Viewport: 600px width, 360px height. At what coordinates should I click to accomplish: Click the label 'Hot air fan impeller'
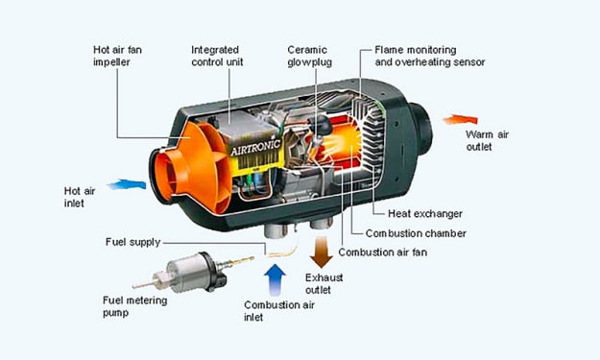pyautogui.click(x=117, y=56)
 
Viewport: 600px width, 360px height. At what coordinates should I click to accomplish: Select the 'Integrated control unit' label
pyautogui.click(x=217, y=56)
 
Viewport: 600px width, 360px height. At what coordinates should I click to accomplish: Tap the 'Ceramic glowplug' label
pyautogui.click(x=309, y=56)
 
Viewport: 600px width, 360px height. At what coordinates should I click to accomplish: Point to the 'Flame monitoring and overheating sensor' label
pyautogui.click(x=430, y=56)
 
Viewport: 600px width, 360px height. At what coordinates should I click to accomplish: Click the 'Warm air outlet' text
pyautogui.click(x=487, y=140)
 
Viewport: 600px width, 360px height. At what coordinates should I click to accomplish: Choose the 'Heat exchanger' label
pyautogui.click(x=425, y=213)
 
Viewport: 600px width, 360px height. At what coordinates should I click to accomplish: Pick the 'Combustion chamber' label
pyautogui.click(x=416, y=233)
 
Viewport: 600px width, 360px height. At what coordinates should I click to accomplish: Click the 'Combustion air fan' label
pyautogui.click(x=383, y=252)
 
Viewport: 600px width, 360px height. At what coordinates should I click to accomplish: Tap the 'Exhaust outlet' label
pyautogui.click(x=324, y=283)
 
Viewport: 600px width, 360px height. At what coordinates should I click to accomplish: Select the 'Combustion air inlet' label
pyautogui.click(x=279, y=311)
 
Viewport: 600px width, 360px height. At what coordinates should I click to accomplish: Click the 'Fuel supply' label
pyautogui.click(x=132, y=243)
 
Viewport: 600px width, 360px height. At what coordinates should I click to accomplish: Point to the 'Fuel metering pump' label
pyautogui.click(x=134, y=306)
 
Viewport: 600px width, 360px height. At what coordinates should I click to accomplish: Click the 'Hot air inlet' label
pyautogui.click(x=80, y=197)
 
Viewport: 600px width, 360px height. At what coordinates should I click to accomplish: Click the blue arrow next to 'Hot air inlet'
pyautogui.click(x=127, y=184)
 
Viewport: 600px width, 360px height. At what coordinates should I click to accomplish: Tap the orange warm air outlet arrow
pyautogui.click(x=461, y=120)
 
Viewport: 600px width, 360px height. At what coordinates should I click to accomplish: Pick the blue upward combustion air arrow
pyautogui.click(x=275, y=280)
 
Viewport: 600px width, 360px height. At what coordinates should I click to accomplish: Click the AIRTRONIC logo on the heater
pyautogui.click(x=255, y=147)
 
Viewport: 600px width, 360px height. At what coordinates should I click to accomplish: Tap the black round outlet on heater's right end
pyautogui.click(x=420, y=129)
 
